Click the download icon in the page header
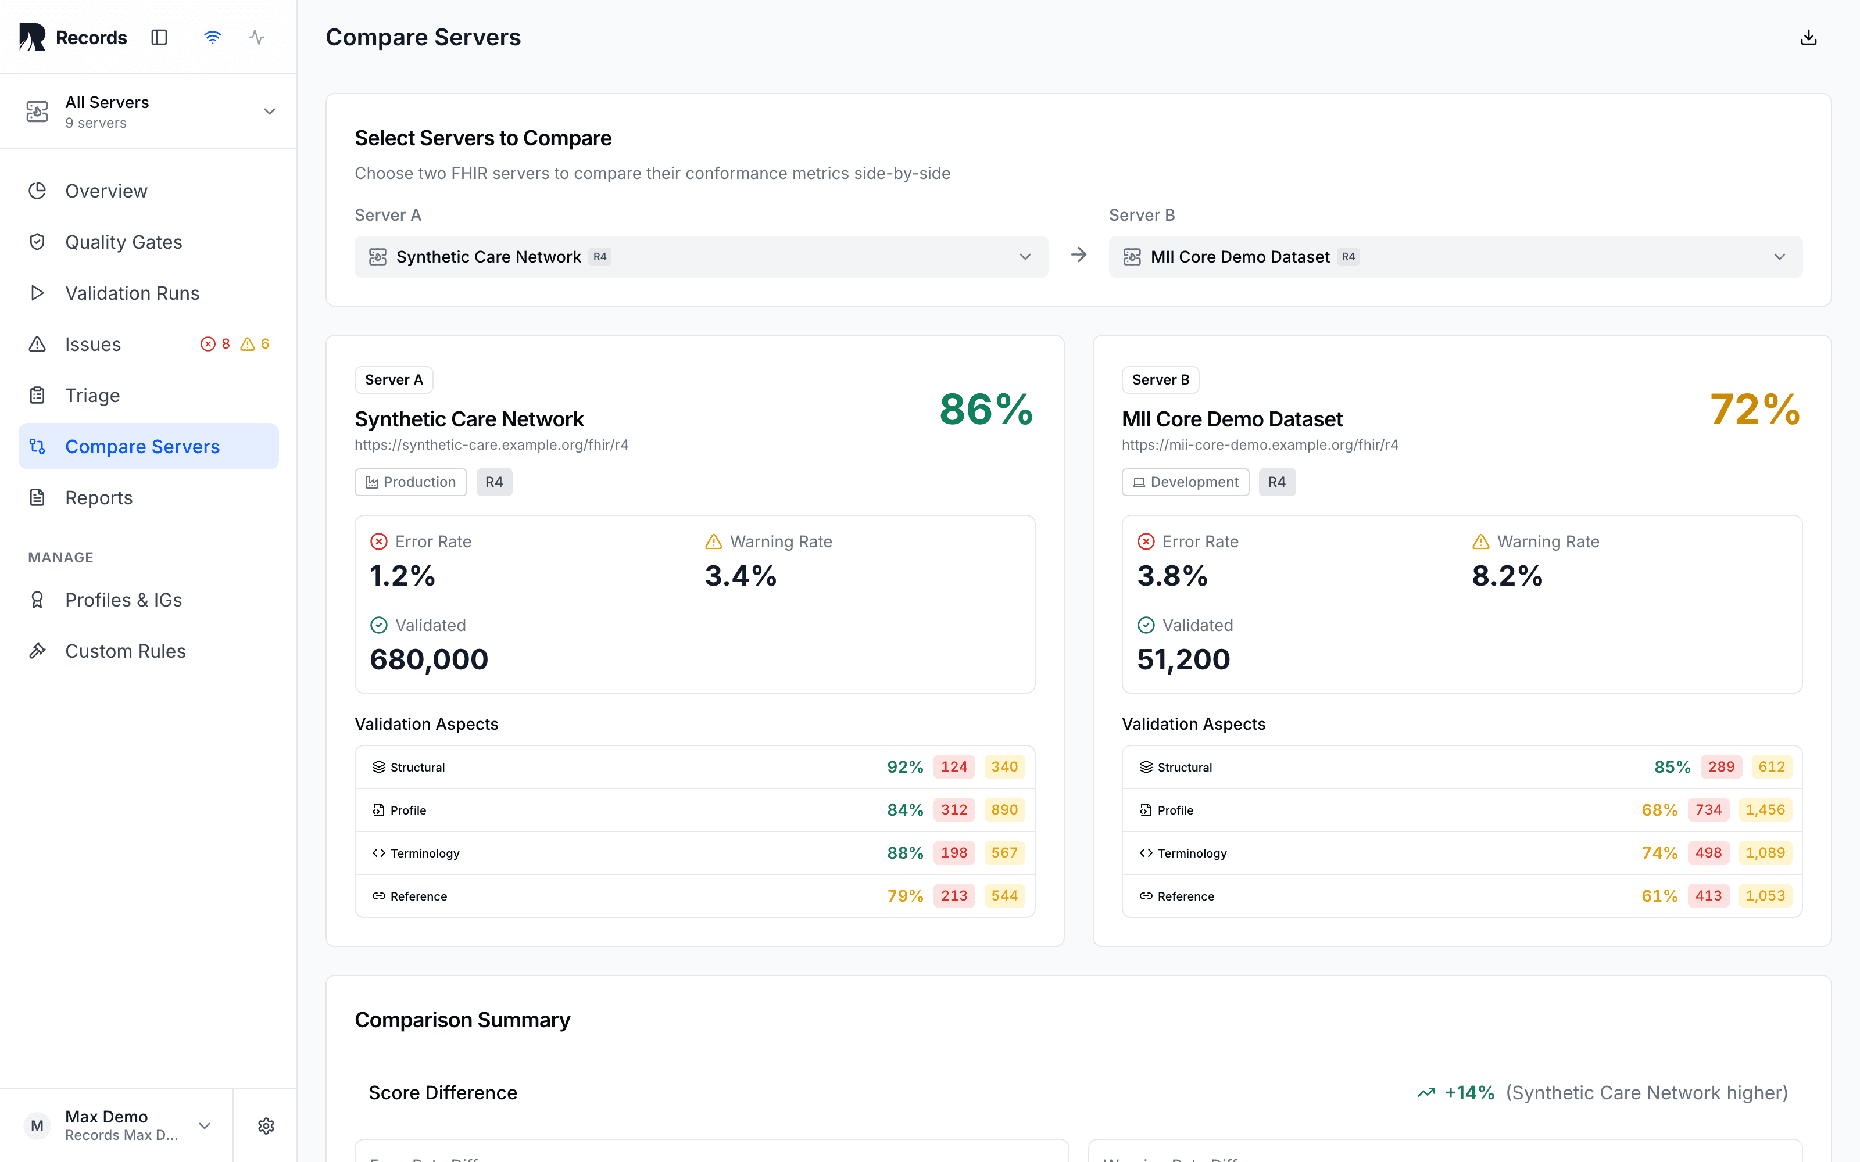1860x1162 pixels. [1808, 38]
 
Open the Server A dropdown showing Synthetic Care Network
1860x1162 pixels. [701, 257]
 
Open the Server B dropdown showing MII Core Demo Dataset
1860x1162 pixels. [1455, 257]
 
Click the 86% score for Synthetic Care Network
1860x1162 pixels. [986, 409]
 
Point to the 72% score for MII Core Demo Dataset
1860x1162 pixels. [1755, 409]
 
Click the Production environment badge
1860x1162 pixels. [410, 482]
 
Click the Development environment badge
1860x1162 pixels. [1185, 482]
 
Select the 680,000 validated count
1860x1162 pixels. [429, 659]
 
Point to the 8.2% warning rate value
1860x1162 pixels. [1507, 576]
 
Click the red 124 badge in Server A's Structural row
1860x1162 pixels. [954, 767]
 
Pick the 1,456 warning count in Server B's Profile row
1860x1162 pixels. [1765, 810]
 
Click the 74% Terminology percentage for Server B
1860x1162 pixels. [1659, 853]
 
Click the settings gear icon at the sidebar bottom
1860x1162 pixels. [266, 1126]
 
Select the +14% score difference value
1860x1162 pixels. [1469, 1093]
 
